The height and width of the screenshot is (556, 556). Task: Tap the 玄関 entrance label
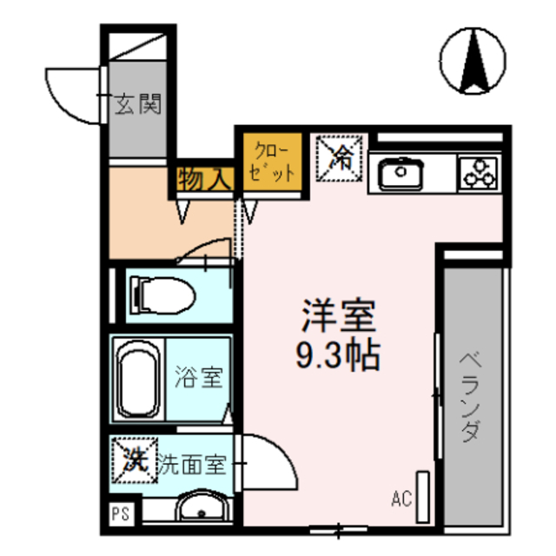tap(138, 105)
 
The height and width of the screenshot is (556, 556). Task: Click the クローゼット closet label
tap(273, 160)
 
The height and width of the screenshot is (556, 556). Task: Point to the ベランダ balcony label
tap(469, 395)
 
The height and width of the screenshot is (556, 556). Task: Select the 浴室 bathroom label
tap(199, 378)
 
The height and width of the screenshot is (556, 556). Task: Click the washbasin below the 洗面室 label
tap(201, 506)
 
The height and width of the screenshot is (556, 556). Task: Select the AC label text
tap(401, 499)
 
